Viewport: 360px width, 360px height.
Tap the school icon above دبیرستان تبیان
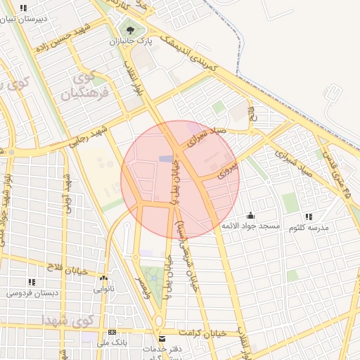(x=24, y=8)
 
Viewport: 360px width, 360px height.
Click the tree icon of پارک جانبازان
(x=129, y=30)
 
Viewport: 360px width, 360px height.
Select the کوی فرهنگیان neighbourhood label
(x=89, y=86)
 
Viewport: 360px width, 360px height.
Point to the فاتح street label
(x=253, y=114)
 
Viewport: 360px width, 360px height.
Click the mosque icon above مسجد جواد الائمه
(x=251, y=216)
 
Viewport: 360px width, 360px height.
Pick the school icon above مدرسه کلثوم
(x=308, y=217)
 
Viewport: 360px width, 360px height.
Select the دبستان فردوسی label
(x=32, y=291)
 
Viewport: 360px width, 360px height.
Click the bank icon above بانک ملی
(x=111, y=331)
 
